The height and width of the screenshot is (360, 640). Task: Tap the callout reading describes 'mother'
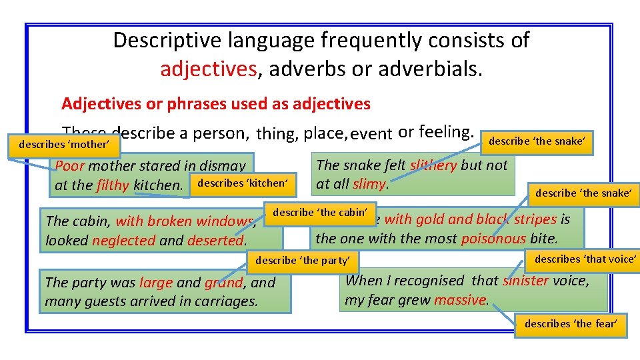tap(63, 144)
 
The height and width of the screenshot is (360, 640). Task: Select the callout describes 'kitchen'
tap(241, 182)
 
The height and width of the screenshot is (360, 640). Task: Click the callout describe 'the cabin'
tap(321, 212)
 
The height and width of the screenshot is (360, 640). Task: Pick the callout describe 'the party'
tap(307, 260)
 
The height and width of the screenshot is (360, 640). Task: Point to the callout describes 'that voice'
tap(585, 259)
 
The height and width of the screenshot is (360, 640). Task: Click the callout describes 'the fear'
tap(571, 324)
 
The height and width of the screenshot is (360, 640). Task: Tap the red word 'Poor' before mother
tap(70, 166)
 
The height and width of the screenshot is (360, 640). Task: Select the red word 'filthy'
tap(113, 185)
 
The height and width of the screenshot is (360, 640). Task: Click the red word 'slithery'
tap(434, 165)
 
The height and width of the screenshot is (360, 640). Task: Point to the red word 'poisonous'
tap(493, 238)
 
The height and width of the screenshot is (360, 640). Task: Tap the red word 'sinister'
tap(525, 281)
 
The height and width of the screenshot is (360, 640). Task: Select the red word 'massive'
tap(460, 300)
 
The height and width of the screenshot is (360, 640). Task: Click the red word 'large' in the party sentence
tap(155, 282)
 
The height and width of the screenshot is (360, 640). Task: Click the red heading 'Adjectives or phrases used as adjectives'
tap(215, 103)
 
